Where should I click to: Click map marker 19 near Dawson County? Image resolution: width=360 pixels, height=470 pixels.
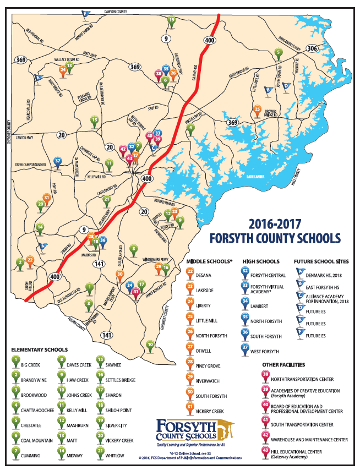coord(171,21)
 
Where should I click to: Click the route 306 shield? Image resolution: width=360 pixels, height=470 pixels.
coord(312,49)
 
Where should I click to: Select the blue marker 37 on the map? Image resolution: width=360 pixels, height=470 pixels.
coord(57,161)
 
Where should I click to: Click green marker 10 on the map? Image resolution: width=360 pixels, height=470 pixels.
coord(150,345)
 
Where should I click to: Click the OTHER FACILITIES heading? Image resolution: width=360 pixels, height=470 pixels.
coord(288,365)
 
